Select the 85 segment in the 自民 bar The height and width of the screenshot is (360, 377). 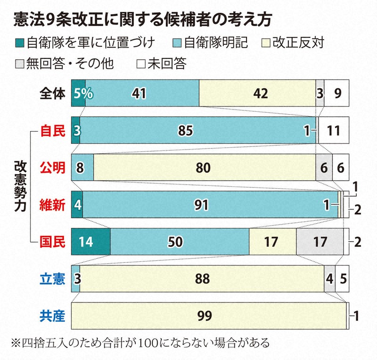[186, 130]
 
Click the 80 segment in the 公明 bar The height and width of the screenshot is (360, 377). [204, 167]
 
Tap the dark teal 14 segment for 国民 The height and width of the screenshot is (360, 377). [90, 241]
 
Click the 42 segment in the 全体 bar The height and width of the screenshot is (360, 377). [257, 93]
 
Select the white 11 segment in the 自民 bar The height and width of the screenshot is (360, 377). [334, 130]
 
